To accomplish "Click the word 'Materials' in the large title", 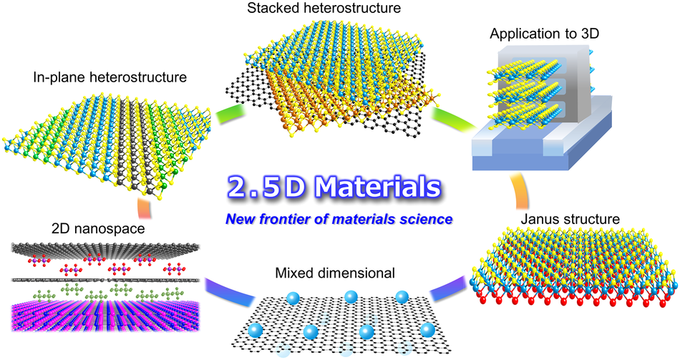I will tap(376, 186).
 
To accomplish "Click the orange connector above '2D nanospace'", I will tap(143, 207).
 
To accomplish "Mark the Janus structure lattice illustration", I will tap(573, 265).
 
